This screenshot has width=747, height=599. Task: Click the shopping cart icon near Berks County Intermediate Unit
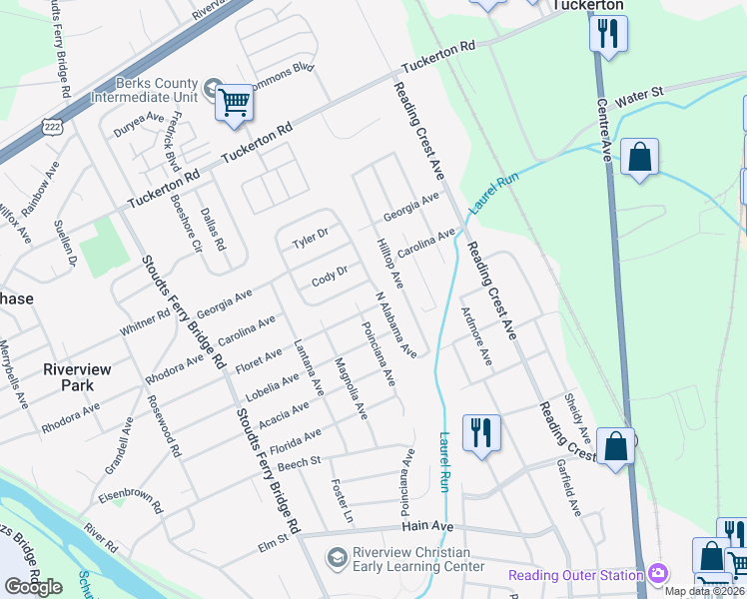234,101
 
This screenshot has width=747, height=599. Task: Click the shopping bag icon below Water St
639,158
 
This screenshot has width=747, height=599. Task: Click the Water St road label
639,98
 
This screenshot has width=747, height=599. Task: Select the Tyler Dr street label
310,238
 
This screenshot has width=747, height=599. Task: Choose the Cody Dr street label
329,274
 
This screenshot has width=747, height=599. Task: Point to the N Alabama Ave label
395,325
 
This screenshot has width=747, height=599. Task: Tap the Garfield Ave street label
568,486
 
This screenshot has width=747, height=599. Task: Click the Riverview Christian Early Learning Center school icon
338,555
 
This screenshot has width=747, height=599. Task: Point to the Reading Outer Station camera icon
657,574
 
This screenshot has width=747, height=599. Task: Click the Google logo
34,587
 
